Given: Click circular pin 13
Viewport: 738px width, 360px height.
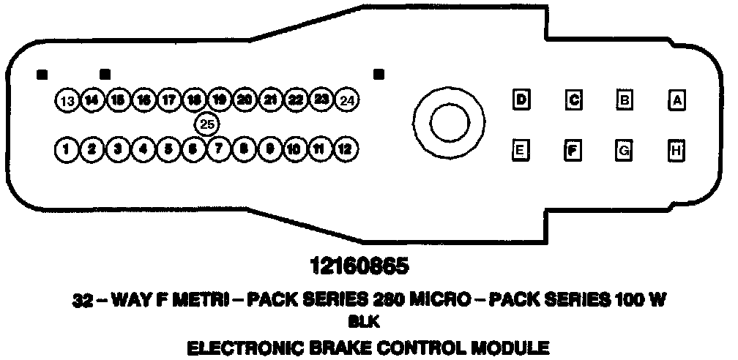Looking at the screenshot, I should (x=67, y=100).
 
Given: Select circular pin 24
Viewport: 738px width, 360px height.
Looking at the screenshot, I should (x=348, y=100).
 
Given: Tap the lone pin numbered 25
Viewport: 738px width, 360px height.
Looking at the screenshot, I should (x=207, y=124).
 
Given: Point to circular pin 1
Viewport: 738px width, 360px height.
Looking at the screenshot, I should (x=67, y=150).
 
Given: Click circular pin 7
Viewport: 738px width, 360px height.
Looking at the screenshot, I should (x=218, y=150).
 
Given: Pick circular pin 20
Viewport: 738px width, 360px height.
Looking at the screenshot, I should (x=245, y=100).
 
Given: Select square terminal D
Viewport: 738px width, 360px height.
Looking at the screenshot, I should (x=521, y=100).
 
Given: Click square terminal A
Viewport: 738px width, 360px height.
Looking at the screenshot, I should (x=678, y=100).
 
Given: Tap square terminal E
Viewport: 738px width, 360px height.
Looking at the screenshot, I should (x=521, y=151).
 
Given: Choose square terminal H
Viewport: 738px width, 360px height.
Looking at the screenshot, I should (x=678, y=151).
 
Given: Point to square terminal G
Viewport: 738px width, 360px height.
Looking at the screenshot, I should (x=625, y=151).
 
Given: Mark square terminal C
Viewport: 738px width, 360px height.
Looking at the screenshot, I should (x=574, y=100).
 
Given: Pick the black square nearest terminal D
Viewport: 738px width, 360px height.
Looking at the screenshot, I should (x=379, y=74).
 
